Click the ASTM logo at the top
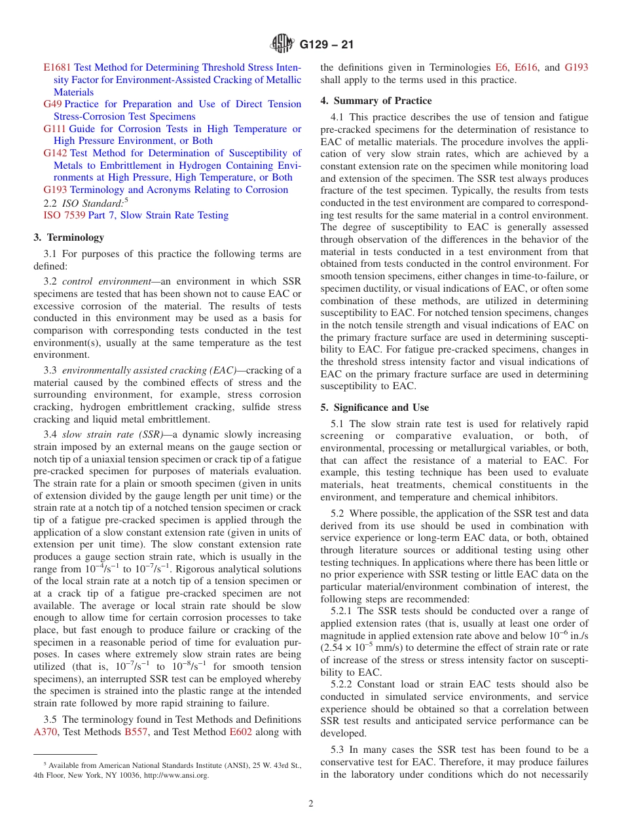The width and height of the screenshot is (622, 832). [x=283, y=44]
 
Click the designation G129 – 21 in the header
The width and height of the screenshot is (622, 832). [x=325, y=45]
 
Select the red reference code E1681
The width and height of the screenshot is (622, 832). [x=57, y=67]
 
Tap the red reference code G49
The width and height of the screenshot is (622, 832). [x=52, y=104]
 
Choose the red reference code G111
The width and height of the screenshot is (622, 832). [x=55, y=129]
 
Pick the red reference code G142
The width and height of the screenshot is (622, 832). [x=55, y=153]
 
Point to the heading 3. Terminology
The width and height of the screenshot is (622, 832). [x=69, y=237]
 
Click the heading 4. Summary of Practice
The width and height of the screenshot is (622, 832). [x=376, y=101]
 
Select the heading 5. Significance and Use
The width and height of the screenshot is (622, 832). [x=375, y=407]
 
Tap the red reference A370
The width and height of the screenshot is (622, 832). [x=46, y=733]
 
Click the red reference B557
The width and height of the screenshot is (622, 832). [x=136, y=733]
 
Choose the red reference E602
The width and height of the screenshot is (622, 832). [x=240, y=733]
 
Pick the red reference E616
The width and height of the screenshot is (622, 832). [x=526, y=67]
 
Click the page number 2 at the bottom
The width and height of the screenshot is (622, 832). [x=311, y=804]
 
